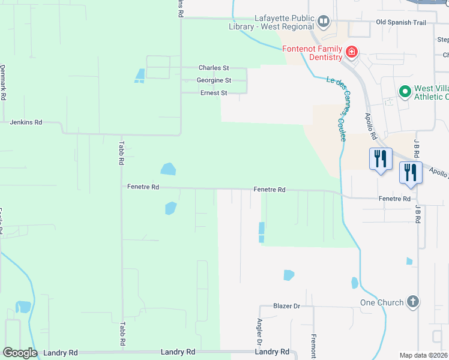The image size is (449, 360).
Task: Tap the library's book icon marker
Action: click(324, 22)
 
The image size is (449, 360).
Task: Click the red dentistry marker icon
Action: click(352, 53)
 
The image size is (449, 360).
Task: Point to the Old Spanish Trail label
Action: click(400, 22)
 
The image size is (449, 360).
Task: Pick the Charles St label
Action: click(214, 68)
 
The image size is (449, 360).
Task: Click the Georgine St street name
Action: click(214, 80)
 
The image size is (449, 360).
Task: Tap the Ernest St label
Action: click(214, 93)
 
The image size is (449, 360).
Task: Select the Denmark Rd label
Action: click(3, 83)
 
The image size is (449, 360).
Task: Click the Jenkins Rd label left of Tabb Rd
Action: click(26, 122)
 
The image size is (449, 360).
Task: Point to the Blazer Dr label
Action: click(286, 306)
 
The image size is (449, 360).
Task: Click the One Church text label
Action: click(382, 302)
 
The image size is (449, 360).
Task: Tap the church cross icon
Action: click(412, 302)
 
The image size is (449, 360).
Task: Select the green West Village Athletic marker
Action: click(405, 92)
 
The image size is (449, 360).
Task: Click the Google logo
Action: click(20, 353)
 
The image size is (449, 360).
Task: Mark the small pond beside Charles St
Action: click(140, 75)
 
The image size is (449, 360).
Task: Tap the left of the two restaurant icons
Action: click(380, 159)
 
